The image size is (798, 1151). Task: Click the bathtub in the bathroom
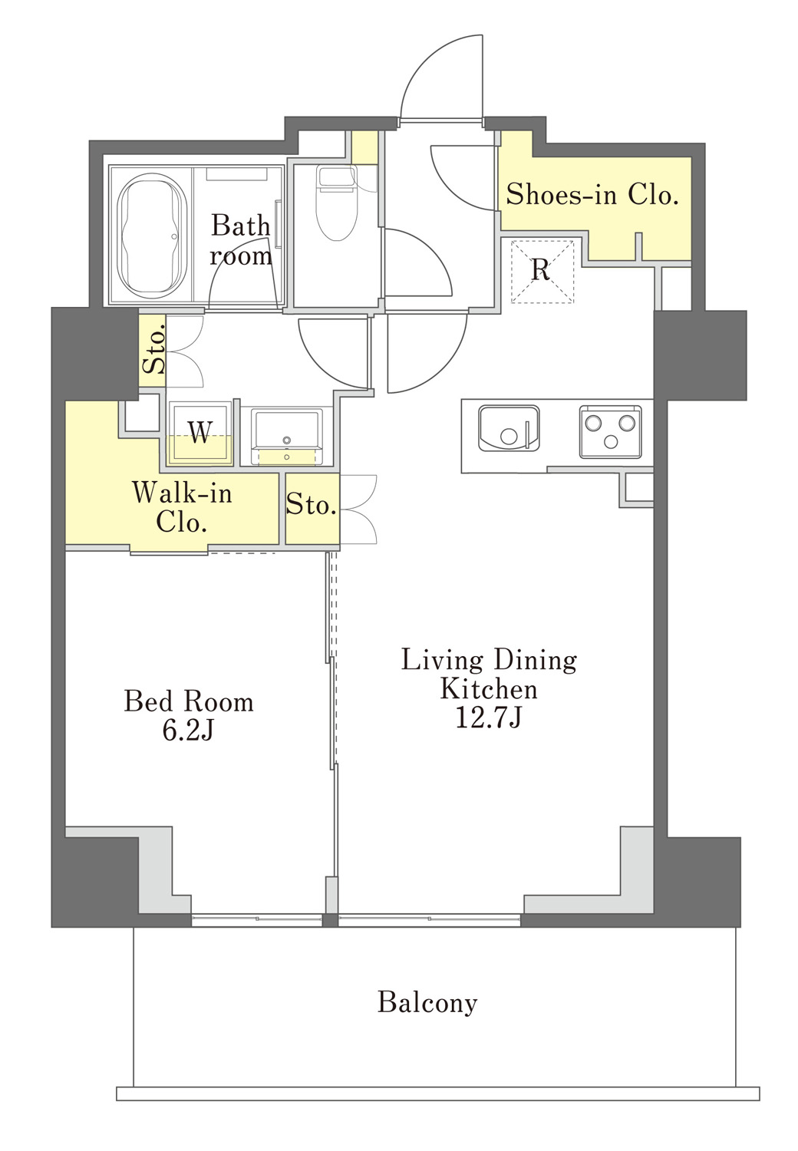pyautogui.click(x=152, y=236)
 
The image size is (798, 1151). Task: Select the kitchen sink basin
pyautogui.click(x=509, y=428)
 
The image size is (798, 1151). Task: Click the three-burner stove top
pyautogui.click(x=611, y=431)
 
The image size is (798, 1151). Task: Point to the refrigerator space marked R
pyautogui.click(x=542, y=271)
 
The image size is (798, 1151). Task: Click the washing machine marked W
pyautogui.click(x=199, y=434)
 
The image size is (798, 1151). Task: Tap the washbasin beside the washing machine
pyautogui.click(x=287, y=437)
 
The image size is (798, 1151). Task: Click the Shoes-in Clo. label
pyautogui.click(x=592, y=195)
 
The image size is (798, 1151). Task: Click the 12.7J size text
pyautogui.click(x=489, y=717)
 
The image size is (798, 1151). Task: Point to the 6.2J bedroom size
pyautogui.click(x=188, y=731)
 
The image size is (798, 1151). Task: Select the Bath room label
pyautogui.click(x=240, y=240)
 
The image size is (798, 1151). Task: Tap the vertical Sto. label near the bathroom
pyautogui.click(x=153, y=349)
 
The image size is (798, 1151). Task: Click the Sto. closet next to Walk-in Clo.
pyautogui.click(x=312, y=508)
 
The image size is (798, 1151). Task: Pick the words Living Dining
pyautogui.click(x=489, y=661)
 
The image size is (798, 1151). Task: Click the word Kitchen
pyautogui.click(x=489, y=688)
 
